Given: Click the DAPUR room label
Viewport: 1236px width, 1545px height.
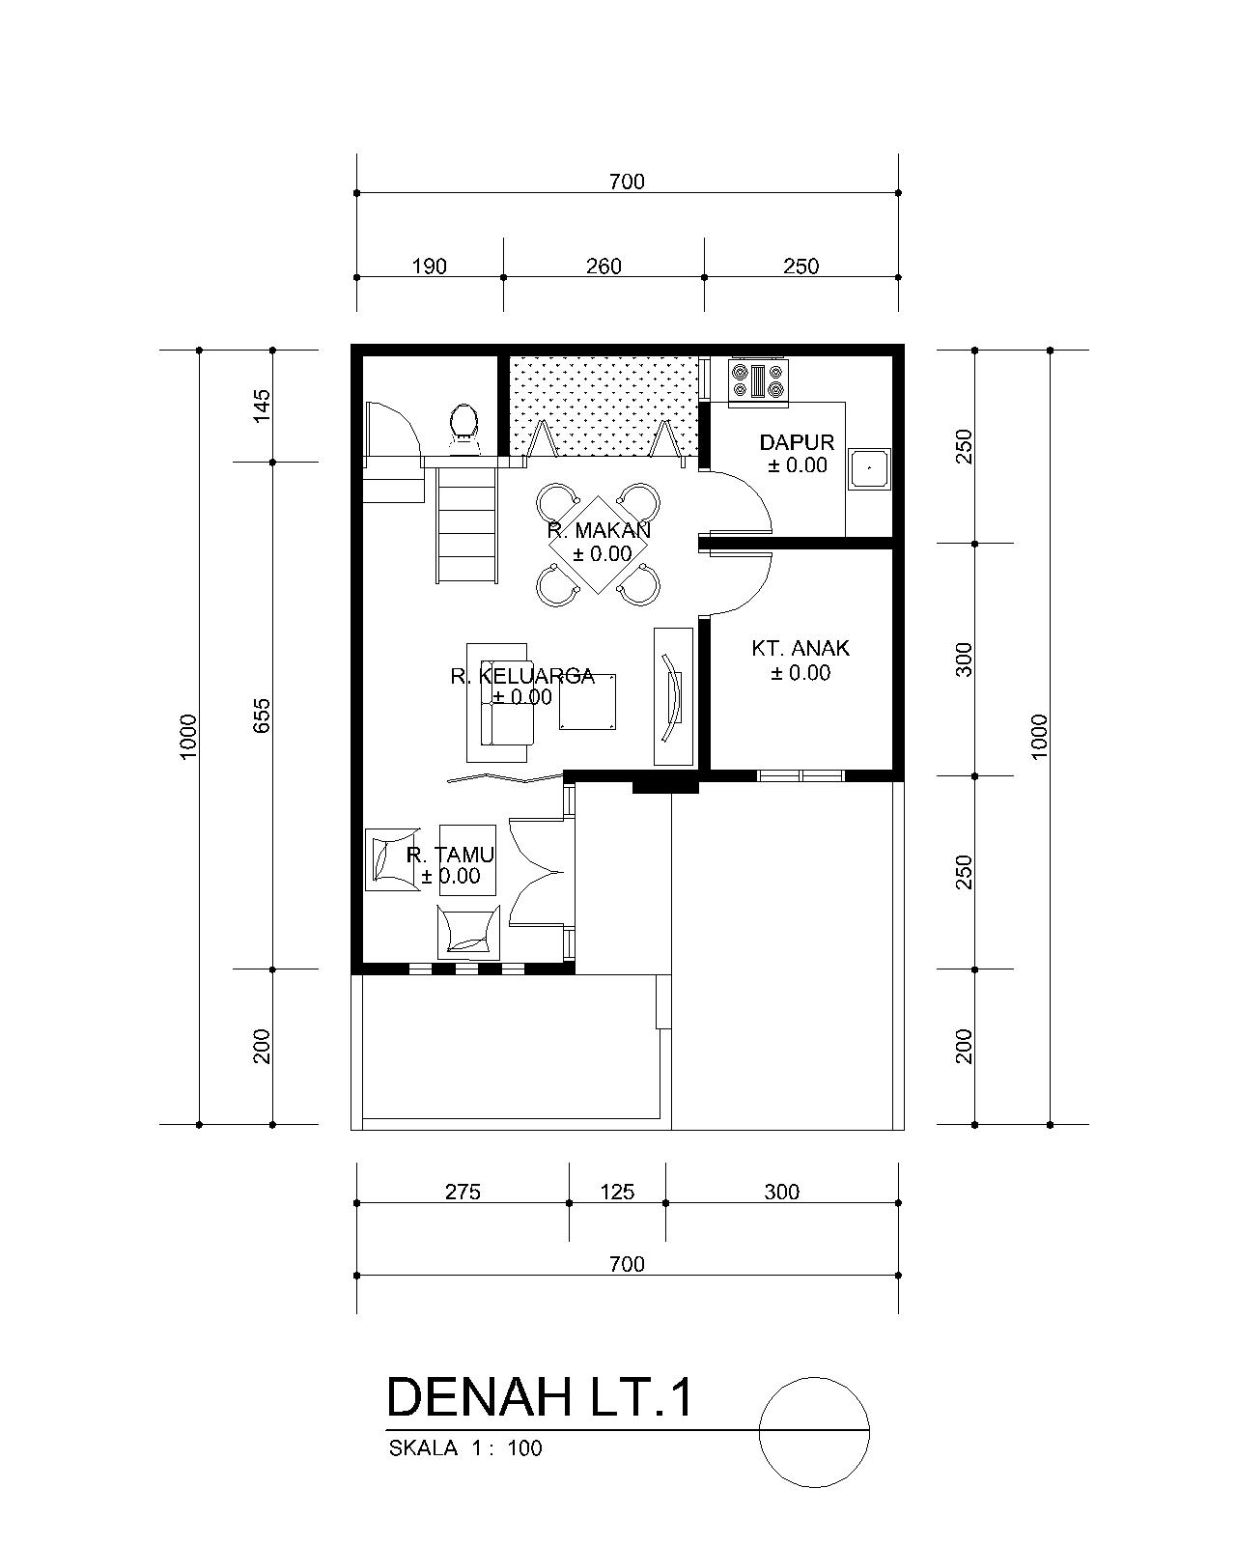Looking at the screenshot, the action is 797,442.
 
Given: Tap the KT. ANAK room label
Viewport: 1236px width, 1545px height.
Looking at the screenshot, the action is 801,648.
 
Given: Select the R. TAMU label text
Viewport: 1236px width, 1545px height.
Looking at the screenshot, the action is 450,855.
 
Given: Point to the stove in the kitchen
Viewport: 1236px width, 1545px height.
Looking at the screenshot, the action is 758,379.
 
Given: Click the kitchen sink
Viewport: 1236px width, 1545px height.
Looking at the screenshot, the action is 869,469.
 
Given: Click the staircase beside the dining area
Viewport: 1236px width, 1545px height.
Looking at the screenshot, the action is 466,524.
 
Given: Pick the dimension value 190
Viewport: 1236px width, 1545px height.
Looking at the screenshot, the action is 430,267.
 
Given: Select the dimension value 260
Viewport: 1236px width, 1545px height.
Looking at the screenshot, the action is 604,267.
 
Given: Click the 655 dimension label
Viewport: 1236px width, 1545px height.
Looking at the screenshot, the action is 262,716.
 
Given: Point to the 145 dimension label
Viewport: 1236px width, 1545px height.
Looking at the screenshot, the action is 262,406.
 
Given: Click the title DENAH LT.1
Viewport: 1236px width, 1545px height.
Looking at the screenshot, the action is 540,1397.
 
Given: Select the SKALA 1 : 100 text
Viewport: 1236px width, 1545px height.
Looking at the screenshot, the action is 465,1447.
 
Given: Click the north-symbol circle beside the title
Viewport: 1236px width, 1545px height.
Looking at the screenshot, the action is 814,1378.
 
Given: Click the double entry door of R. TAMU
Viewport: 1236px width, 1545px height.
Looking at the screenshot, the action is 537,872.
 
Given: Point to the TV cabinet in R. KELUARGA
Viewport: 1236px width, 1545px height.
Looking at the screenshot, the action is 674,696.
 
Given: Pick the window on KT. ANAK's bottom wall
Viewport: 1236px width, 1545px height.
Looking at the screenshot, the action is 801,775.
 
